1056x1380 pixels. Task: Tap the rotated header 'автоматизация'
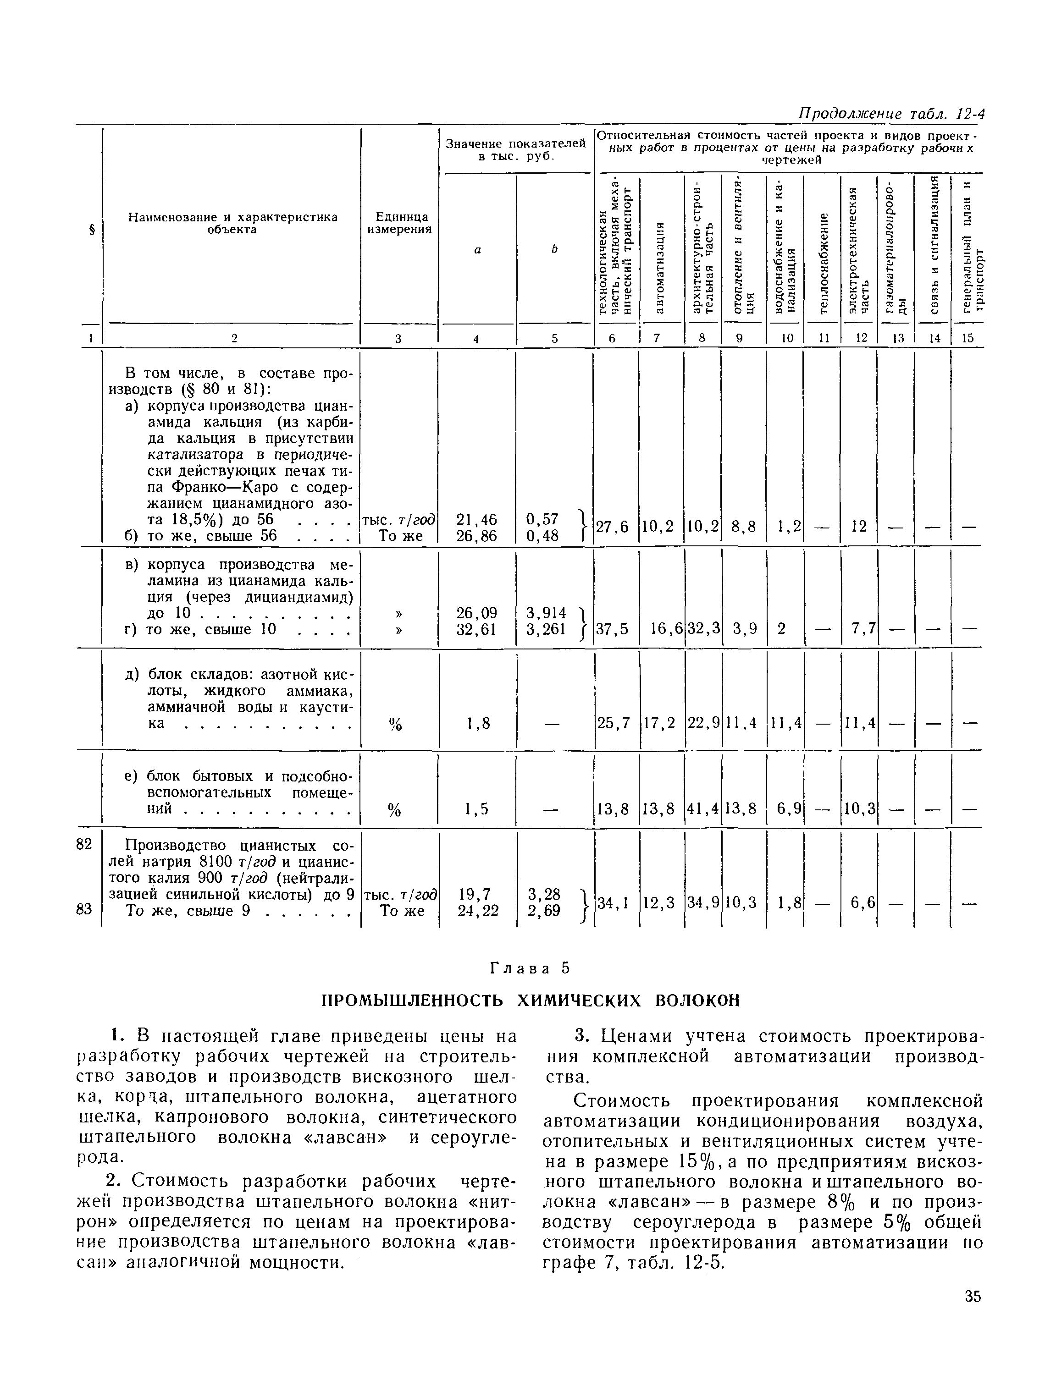coord(659,266)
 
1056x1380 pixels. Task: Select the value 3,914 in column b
coord(546,612)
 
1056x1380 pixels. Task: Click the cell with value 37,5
coord(612,629)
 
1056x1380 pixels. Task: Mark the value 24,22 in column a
coord(478,911)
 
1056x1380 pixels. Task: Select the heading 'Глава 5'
coord(529,968)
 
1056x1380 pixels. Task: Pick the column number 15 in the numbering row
coord(968,338)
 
